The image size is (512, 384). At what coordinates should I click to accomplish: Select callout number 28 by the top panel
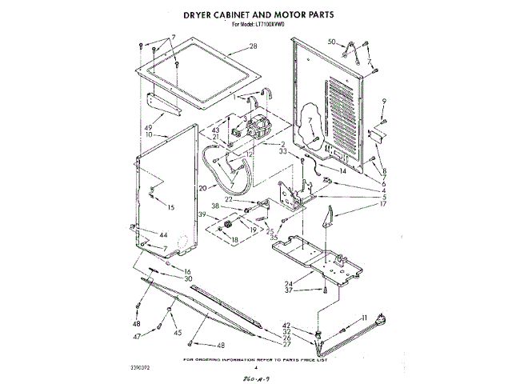click(x=253, y=47)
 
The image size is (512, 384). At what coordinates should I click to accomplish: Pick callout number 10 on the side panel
click(x=149, y=135)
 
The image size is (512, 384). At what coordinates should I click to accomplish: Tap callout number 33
click(x=282, y=150)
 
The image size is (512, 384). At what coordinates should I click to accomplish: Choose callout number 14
click(x=342, y=170)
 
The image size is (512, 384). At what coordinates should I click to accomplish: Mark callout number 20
click(x=202, y=188)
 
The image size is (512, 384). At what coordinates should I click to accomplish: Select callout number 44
click(x=163, y=235)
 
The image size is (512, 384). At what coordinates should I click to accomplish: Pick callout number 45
click(x=178, y=333)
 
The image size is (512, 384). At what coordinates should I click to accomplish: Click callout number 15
click(x=171, y=207)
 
